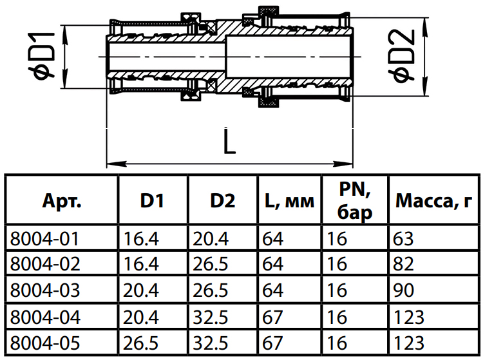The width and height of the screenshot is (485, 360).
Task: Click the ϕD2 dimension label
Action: (401, 56)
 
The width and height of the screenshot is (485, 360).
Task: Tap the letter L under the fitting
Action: (229, 140)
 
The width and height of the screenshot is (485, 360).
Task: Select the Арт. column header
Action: (62, 201)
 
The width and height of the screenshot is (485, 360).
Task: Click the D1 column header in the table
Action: (152, 201)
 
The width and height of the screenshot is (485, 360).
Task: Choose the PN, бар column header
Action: (355, 200)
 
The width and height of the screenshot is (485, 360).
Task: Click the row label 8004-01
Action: (44, 239)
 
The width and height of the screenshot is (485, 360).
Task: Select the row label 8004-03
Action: (45, 290)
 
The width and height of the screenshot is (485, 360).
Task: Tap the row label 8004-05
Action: (45, 343)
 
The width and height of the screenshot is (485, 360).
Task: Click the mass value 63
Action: (403, 239)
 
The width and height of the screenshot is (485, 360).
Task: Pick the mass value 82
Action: (403, 264)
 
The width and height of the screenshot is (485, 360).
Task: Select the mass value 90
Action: (403, 290)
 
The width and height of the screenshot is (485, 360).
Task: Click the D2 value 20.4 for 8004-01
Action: (211, 239)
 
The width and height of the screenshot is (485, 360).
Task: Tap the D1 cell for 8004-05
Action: (141, 343)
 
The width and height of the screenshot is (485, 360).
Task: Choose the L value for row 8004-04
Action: (272, 317)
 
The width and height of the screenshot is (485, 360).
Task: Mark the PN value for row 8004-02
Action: (337, 264)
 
